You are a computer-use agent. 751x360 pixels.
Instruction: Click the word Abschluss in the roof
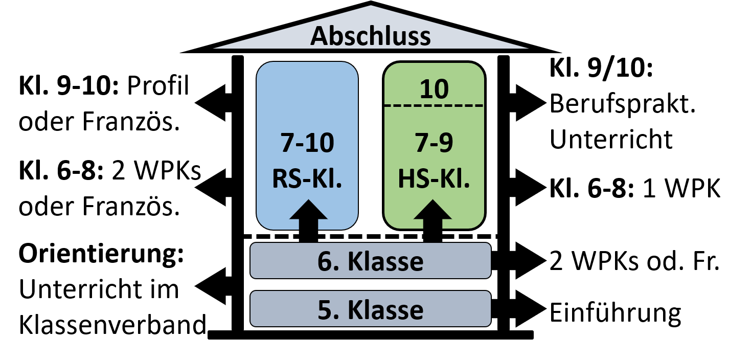point(371,36)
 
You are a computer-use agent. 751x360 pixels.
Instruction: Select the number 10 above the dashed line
point(434,89)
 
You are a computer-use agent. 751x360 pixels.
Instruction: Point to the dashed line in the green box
point(434,106)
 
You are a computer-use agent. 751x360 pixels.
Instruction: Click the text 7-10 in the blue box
point(307,144)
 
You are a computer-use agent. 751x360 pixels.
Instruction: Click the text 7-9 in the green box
point(434,144)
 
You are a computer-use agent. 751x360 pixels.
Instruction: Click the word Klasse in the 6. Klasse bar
point(385,261)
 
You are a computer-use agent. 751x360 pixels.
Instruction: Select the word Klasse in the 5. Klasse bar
point(385,310)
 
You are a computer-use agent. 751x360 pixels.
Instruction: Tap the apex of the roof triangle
point(371,7)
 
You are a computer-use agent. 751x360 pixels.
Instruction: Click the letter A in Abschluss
point(320,37)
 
